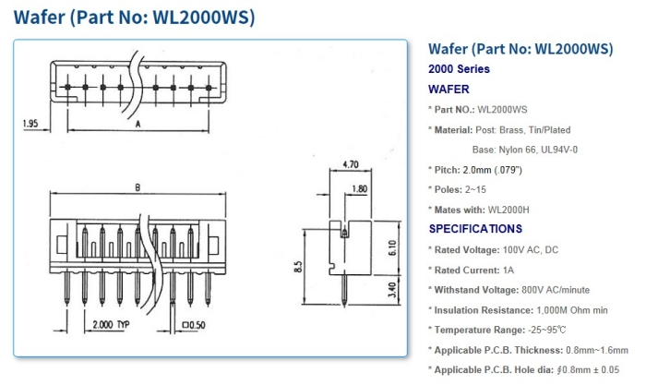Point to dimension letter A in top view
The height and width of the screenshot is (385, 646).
point(138,122)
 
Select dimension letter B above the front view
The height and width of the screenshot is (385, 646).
point(138,188)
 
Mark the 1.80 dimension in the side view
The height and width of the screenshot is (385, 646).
point(361,190)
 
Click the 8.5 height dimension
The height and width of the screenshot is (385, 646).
point(297,268)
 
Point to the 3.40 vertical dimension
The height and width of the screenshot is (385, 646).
point(391,293)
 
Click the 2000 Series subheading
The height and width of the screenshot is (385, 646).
point(459,69)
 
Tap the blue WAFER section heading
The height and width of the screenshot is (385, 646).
point(449,90)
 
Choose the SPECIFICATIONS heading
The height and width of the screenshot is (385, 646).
point(475,229)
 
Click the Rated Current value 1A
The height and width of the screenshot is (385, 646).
point(508,270)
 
